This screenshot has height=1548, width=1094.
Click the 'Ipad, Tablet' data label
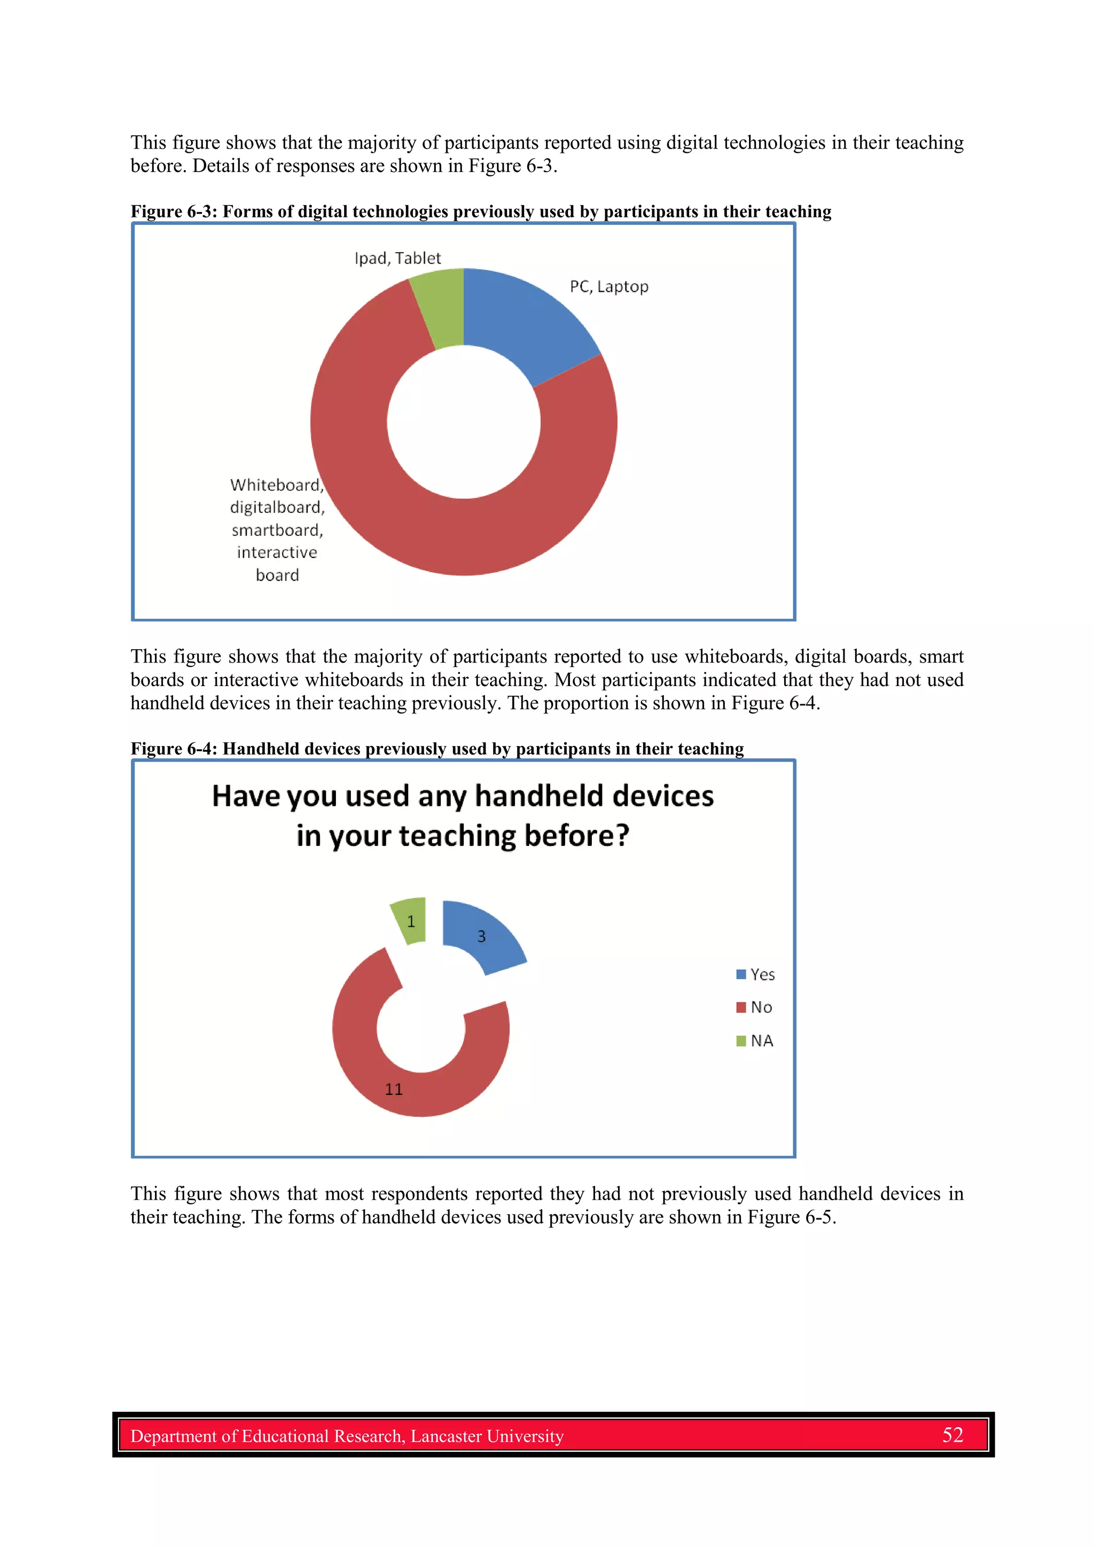(397, 258)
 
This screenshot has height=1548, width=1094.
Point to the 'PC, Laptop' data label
(608, 286)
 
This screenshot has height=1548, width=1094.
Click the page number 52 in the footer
(952, 1435)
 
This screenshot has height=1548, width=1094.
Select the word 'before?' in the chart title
(576, 836)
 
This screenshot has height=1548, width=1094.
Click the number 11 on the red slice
(394, 1090)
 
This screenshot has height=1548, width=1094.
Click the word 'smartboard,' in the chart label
(277, 531)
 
